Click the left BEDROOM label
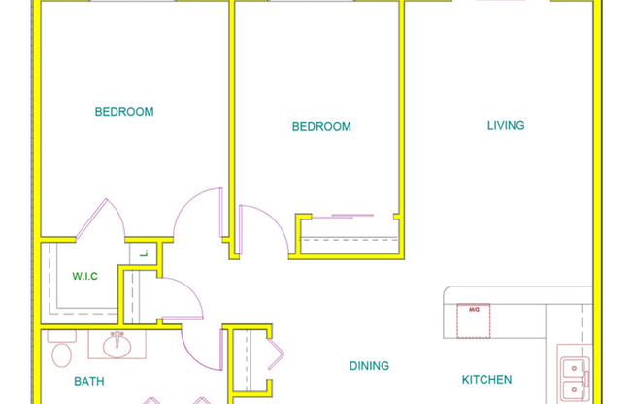pyautogui.click(x=123, y=112)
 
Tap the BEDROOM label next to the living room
pyautogui.click(x=321, y=127)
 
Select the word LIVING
pyautogui.click(x=505, y=125)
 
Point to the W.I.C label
pyautogui.click(x=85, y=276)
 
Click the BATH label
pyautogui.click(x=89, y=382)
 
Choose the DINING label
pyautogui.click(x=369, y=366)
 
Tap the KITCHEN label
pyautogui.click(x=485, y=380)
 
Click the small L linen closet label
pyautogui.click(x=142, y=254)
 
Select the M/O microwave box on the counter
pyautogui.click(x=474, y=320)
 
